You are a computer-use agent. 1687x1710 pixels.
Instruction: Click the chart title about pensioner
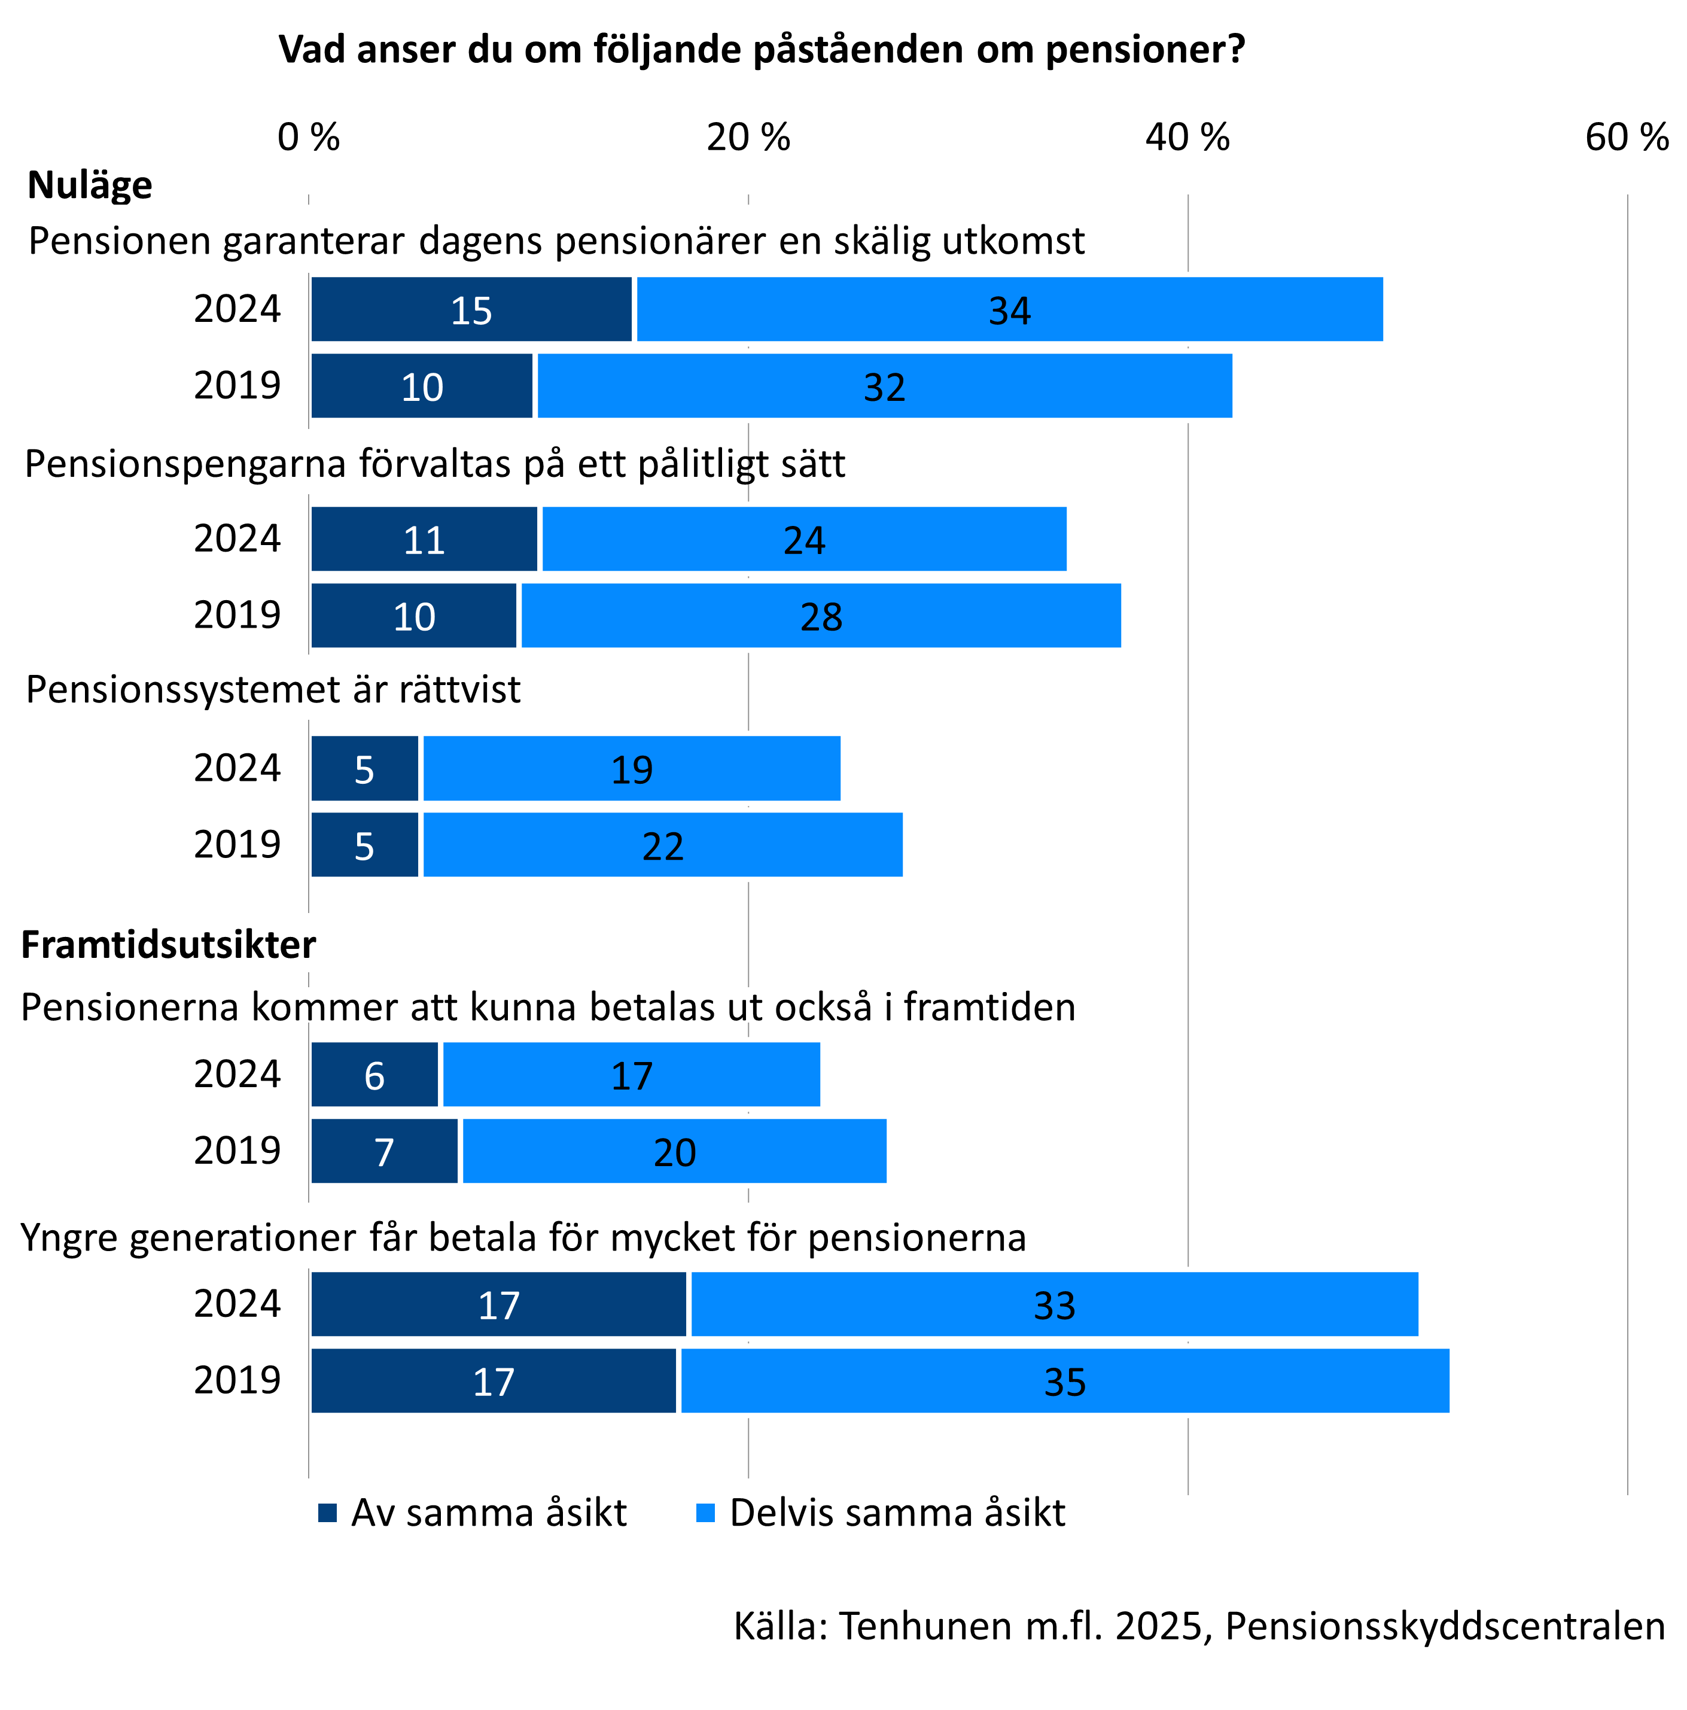[x=761, y=50]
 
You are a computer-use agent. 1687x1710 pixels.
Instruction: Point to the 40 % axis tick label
[x=1187, y=137]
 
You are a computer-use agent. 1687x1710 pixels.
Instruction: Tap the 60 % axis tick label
[x=1626, y=137]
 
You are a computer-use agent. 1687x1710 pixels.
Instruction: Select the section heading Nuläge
[x=89, y=185]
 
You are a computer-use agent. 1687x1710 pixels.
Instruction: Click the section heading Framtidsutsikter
[x=168, y=945]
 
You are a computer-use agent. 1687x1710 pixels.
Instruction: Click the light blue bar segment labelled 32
[x=884, y=386]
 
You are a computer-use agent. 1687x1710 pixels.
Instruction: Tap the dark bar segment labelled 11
[x=424, y=539]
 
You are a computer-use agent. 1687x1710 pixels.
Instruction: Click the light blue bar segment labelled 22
[x=662, y=845]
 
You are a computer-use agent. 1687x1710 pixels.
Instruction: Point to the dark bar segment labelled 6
[x=374, y=1075]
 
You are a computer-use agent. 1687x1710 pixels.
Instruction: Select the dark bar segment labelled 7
[x=384, y=1151]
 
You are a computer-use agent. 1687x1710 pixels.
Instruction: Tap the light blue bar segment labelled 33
[x=1053, y=1304]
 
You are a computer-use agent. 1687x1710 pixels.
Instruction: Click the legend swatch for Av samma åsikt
[x=327, y=1513]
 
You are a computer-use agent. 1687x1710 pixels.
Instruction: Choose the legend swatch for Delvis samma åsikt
[x=705, y=1513]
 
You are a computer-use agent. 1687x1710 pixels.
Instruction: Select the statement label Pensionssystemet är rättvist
[x=273, y=689]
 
